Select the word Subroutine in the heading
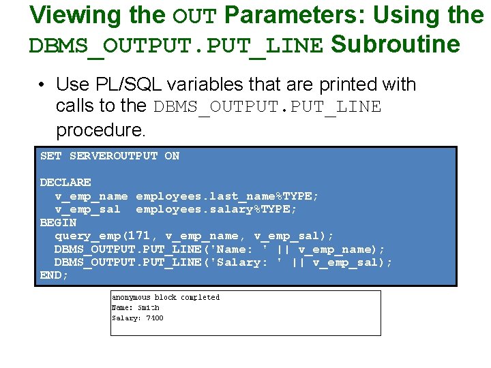click(396, 44)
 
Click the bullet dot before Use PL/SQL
click(42, 85)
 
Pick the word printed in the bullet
click(329, 85)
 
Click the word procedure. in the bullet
click(101, 129)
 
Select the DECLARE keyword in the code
click(65, 183)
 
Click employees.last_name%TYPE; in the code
click(227, 196)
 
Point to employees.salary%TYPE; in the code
click(216, 209)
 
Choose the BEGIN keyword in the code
click(58, 223)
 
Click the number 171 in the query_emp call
click(146, 236)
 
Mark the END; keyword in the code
click(55, 275)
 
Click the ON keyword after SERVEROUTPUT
click(172, 156)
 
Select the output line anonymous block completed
click(166, 297)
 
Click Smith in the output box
click(148, 307)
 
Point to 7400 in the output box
click(155, 318)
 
